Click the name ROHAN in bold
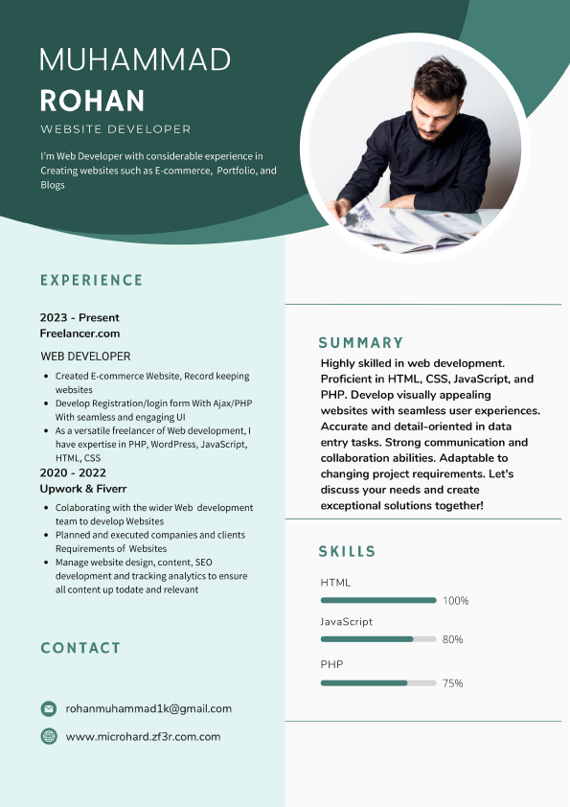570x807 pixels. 93,101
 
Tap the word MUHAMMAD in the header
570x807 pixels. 135,59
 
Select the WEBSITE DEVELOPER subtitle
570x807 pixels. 116,129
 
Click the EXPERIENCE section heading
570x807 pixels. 91,281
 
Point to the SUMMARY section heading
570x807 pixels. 361,343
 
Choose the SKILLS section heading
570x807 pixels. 348,552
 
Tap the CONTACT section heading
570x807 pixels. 80,649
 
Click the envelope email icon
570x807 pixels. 49,709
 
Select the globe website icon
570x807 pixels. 49,737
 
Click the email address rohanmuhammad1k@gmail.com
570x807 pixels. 148,709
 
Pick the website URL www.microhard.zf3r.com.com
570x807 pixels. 143,737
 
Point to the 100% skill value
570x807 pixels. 456,601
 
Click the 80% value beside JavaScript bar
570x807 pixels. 453,639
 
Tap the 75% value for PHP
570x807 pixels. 453,683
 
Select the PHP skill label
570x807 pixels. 331,664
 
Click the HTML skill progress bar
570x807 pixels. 378,601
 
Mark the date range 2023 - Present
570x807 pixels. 80,317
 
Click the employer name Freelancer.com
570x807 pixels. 80,334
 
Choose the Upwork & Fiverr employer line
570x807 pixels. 82,490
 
